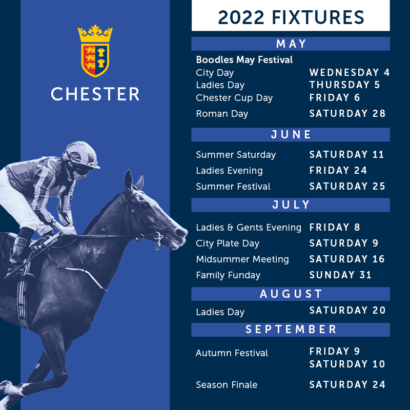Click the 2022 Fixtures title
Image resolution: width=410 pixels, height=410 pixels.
click(x=291, y=17)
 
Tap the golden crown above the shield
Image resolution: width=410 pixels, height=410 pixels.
click(x=95, y=34)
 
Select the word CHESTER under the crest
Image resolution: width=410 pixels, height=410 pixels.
click(x=95, y=94)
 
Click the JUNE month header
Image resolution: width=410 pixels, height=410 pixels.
click(x=291, y=135)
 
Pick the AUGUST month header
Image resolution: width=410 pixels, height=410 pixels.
click(x=291, y=294)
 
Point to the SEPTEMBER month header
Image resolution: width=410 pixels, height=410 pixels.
click(x=291, y=330)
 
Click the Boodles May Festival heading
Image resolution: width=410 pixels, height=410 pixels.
click(x=244, y=60)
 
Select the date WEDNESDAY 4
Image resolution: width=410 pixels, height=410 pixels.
click(x=350, y=72)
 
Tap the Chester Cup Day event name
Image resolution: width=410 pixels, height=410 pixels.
click(x=234, y=98)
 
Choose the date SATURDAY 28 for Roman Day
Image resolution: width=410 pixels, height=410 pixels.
click(x=347, y=113)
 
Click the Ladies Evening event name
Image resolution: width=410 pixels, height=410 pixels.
click(x=229, y=171)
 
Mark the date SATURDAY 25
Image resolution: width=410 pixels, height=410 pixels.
click(x=347, y=186)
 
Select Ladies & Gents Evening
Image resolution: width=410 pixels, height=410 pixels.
click(x=249, y=228)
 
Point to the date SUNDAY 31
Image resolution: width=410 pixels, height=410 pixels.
click(x=340, y=275)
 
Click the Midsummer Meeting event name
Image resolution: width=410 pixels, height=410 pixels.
click(x=242, y=259)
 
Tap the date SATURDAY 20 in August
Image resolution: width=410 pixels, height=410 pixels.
click(x=347, y=311)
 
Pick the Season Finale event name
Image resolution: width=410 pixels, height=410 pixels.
click(x=227, y=385)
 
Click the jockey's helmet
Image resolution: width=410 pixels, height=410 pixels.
click(x=81, y=154)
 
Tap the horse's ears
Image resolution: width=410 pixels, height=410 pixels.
click(x=133, y=180)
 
